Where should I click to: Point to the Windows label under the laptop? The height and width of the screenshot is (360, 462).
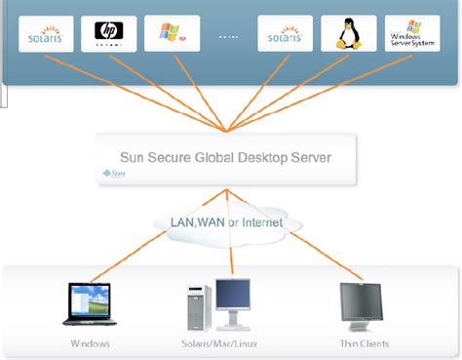click(90, 343)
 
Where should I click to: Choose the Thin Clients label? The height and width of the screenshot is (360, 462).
click(364, 343)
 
